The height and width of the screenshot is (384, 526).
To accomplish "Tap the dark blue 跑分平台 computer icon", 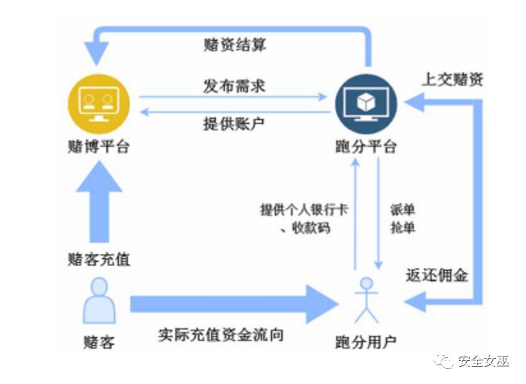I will (366, 103).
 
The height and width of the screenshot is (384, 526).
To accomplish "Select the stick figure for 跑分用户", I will (366, 300).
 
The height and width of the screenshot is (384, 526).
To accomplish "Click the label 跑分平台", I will (366, 146).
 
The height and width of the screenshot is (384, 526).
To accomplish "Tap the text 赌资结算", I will (234, 45).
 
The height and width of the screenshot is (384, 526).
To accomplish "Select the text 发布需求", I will (234, 86).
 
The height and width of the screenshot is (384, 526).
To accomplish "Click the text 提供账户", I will (234, 124).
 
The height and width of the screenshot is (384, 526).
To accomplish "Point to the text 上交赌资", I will (452, 79).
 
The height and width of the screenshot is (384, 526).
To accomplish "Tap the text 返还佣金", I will (437, 276).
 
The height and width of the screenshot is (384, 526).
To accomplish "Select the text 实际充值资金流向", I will (221, 335).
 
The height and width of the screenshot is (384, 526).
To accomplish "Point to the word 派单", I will (402, 210).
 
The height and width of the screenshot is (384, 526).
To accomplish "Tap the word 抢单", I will (402, 228).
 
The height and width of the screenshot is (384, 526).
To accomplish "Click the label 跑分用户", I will (366, 342).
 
